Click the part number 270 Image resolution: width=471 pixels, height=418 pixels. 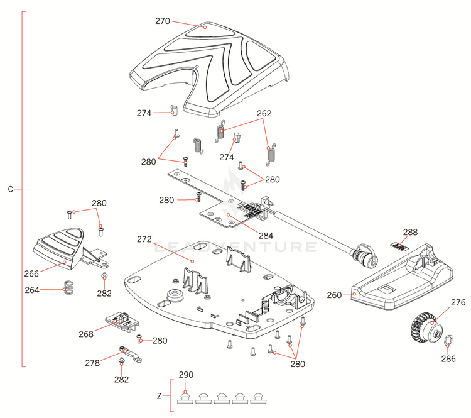pos(163,21)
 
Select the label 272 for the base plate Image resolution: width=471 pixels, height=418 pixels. pos(144,239)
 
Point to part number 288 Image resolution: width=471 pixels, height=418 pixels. pos(409,233)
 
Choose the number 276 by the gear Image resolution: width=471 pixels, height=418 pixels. pos(458,303)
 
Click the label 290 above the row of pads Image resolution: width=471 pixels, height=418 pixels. pos(185,375)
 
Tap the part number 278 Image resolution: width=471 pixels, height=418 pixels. pos(92,363)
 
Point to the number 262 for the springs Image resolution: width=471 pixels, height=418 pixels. pos(264,114)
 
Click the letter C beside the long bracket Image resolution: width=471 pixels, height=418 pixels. pos(10,189)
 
